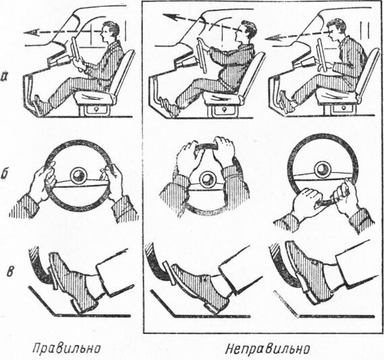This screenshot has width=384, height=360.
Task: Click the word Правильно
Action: [x=67, y=349]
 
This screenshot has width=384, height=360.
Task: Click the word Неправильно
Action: [x=267, y=349]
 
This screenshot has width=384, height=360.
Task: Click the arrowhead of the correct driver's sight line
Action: [x=32, y=32]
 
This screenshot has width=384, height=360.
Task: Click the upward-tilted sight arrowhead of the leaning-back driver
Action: [x=170, y=18]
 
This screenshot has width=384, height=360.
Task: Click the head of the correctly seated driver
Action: [x=111, y=31]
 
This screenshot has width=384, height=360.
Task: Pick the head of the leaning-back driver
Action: [x=246, y=31]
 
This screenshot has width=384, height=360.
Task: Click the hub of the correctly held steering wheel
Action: [x=79, y=176]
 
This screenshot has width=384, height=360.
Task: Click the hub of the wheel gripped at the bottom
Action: [x=321, y=169]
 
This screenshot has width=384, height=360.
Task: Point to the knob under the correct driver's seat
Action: [x=95, y=109]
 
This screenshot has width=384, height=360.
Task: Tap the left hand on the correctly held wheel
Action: [x=42, y=181]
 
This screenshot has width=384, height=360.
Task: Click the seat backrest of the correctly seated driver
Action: [x=124, y=70]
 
